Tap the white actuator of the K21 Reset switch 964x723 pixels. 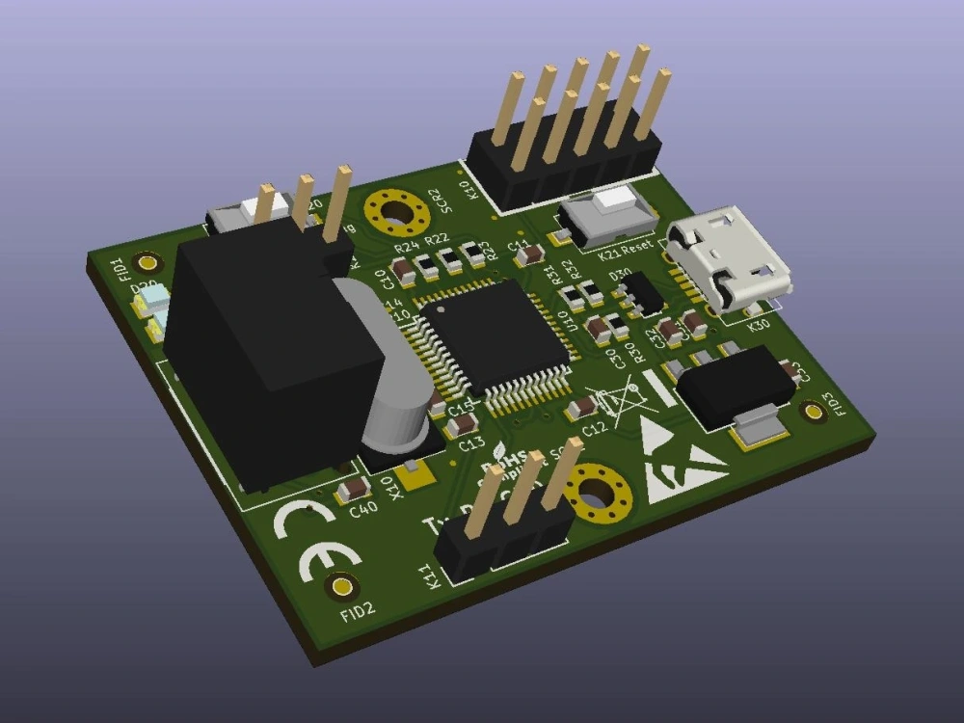pyautogui.click(x=613, y=202)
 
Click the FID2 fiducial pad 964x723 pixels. pyautogui.click(x=340, y=585)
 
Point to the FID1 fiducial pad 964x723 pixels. pyautogui.click(x=147, y=262)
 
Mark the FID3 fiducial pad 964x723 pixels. pyautogui.click(x=814, y=413)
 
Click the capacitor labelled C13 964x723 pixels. pyautogui.click(x=465, y=424)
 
